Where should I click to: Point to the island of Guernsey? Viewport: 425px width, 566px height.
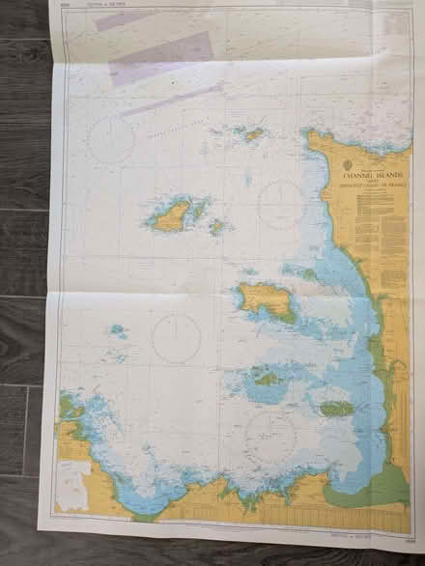click(x=172, y=216)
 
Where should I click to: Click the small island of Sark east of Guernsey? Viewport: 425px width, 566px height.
click(x=216, y=227)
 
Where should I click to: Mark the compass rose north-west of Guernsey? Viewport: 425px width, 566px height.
click(x=111, y=140)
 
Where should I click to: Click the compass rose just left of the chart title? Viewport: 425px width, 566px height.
click(x=281, y=205)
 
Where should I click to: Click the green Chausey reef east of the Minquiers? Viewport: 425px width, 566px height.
click(x=336, y=409)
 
